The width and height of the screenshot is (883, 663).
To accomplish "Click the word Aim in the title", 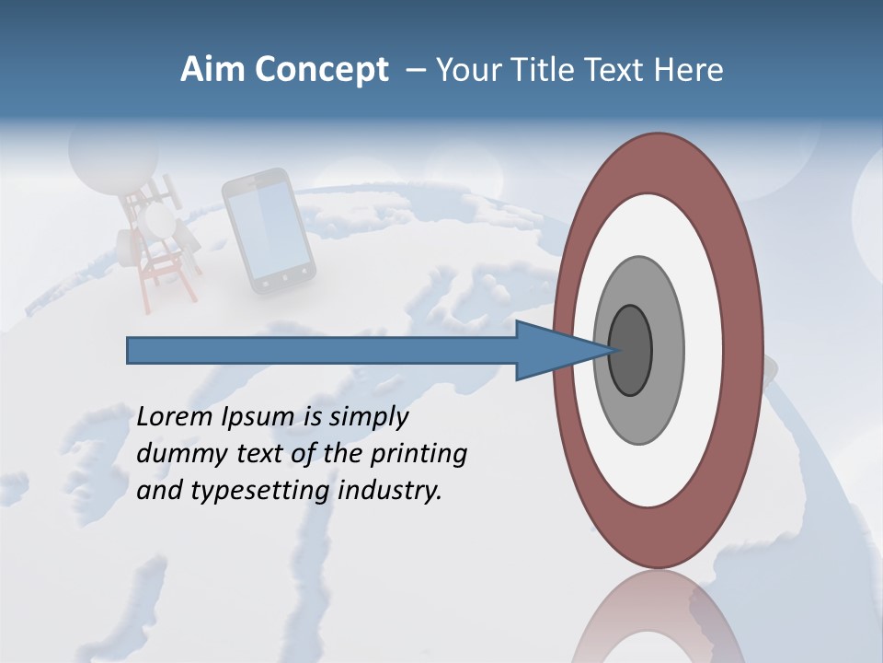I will (212, 70).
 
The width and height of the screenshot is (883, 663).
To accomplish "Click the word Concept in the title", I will (321, 71).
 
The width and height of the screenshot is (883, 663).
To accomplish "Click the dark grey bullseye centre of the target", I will (631, 350).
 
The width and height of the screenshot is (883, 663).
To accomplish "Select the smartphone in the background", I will (268, 231).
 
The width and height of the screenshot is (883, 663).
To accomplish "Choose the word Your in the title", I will (464, 70).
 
